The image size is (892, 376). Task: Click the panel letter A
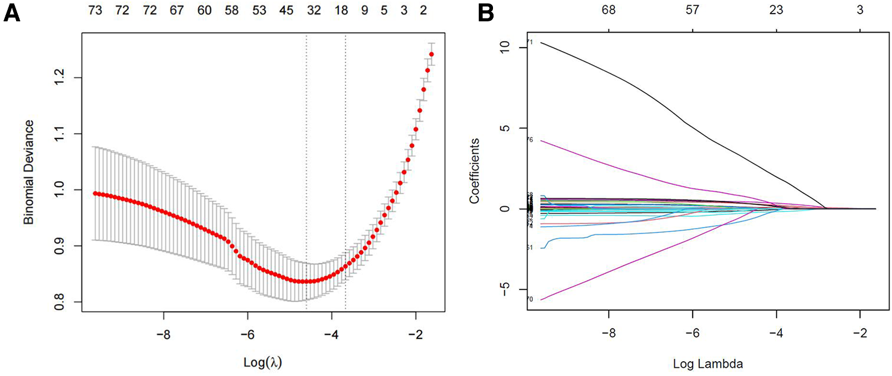(13, 13)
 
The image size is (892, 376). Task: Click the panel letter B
(486, 13)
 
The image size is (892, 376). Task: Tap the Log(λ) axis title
(262, 361)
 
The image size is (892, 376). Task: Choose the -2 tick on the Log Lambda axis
(860, 334)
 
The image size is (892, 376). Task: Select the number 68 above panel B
(608, 11)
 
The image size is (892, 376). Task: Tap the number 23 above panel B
(776, 11)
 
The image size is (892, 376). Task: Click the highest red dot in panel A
(431, 55)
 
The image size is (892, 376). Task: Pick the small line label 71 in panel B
(529, 42)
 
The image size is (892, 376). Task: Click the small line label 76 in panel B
(529, 140)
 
